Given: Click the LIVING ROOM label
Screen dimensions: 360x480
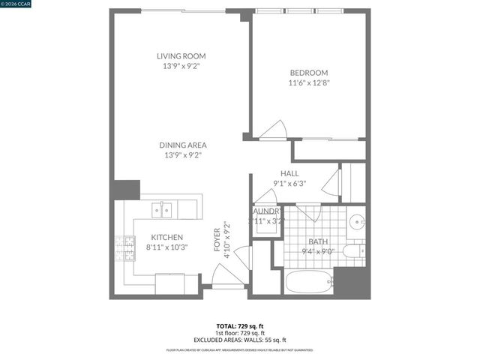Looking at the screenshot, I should tap(181, 56).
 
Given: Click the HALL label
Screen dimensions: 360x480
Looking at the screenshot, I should tap(289, 173).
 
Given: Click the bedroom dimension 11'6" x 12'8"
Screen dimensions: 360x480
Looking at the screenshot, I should tap(308, 83).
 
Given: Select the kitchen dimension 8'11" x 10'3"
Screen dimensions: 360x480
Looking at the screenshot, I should tap(165, 247).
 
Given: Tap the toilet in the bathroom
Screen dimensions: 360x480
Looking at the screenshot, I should tap(353, 250).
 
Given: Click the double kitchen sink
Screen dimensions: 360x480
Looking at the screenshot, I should tap(161, 210).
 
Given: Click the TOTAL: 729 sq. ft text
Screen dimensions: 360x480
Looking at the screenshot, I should tap(240, 325).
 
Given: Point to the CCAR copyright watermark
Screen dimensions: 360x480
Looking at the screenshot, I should tap(14, 4).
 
